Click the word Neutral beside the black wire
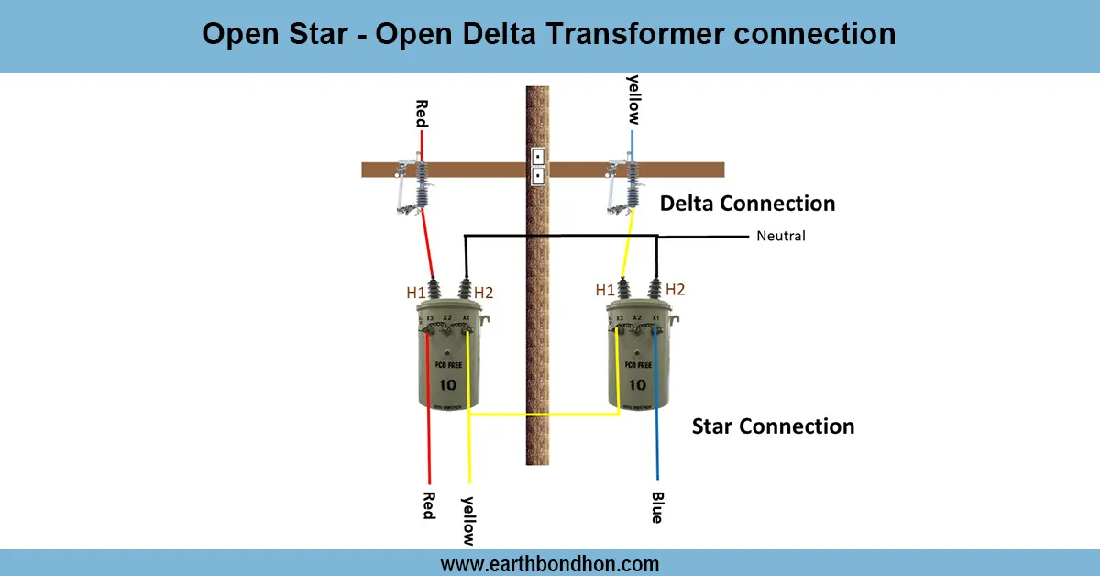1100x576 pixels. pyautogui.click(x=780, y=237)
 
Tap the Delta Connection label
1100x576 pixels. pyautogui.click(x=747, y=204)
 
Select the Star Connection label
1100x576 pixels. pyautogui.click(x=773, y=426)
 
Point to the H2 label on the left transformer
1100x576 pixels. pyautogui.click(x=484, y=293)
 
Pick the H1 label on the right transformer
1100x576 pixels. pyautogui.click(x=605, y=290)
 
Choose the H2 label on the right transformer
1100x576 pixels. pyautogui.click(x=675, y=290)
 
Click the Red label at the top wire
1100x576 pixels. pyautogui.click(x=422, y=114)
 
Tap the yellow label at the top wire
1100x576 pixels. pyautogui.click(x=632, y=100)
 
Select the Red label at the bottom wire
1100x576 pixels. pyautogui.click(x=428, y=504)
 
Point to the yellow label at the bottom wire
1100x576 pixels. pyautogui.click(x=468, y=520)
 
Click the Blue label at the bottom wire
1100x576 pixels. pyautogui.click(x=656, y=507)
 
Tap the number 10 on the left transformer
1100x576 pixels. pyautogui.click(x=449, y=384)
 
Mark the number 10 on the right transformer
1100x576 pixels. pyautogui.click(x=636, y=384)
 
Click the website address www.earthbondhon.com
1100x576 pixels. pyautogui.click(x=550, y=563)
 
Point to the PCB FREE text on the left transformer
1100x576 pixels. pyautogui.click(x=449, y=365)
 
